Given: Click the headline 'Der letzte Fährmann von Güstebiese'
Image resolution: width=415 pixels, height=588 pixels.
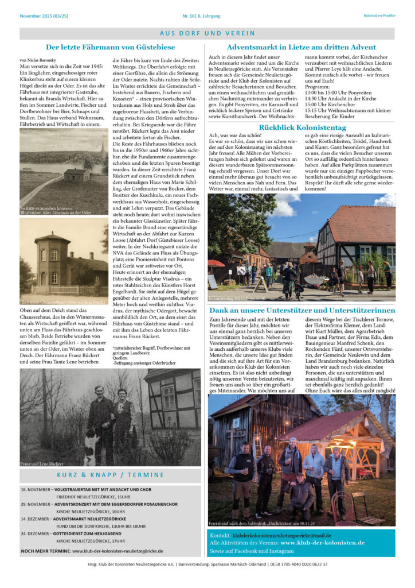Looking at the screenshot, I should (x=110, y=47).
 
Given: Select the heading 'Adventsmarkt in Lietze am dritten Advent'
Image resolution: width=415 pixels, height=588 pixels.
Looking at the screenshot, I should (x=301, y=47).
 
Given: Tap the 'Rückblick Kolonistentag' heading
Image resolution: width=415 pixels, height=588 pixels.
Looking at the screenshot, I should (x=301, y=127).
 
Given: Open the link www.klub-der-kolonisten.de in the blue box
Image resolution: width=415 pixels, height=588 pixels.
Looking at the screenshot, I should (x=322, y=543).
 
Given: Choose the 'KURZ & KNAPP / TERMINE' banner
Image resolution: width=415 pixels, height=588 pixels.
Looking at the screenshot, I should (x=110, y=475).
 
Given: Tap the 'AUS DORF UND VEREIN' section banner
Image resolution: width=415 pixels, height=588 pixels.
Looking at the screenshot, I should (x=207, y=33).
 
